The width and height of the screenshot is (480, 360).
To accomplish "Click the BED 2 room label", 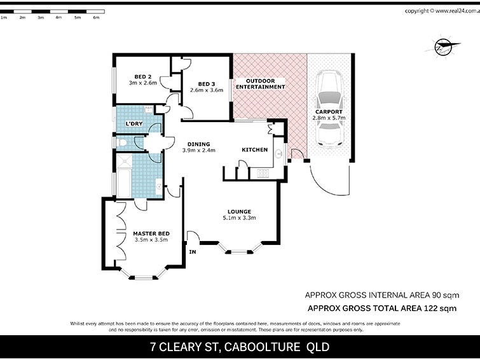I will tap(142, 76).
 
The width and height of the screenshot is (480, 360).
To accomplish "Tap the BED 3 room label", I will tap(207, 84).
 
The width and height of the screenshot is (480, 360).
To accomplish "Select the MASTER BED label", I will tap(151, 233).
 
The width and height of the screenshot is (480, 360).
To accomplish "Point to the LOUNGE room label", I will tap(240, 212).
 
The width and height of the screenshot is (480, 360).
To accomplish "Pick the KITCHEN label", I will tap(254, 150).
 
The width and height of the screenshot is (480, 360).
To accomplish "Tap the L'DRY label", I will tap(134, 123).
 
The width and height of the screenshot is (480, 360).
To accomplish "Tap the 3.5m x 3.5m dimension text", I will tap(151, 240).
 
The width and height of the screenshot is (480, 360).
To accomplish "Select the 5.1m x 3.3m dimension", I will tap(240, 219).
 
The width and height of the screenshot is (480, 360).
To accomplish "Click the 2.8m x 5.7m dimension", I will tap(329, 118).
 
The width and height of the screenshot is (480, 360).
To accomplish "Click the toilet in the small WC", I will tap(121, 142).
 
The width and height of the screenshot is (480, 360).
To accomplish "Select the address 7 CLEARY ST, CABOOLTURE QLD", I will tap(240, 347).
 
